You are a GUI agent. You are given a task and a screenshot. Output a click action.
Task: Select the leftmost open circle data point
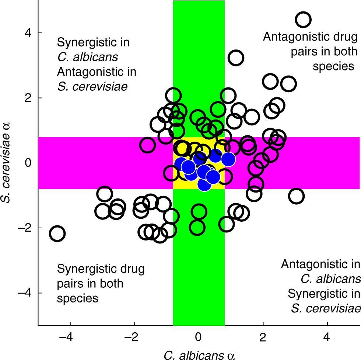click(57, 233)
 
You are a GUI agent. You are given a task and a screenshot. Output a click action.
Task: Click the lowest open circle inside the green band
click(197, 228)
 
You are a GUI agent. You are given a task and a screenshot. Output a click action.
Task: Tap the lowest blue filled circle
click(204, 184)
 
